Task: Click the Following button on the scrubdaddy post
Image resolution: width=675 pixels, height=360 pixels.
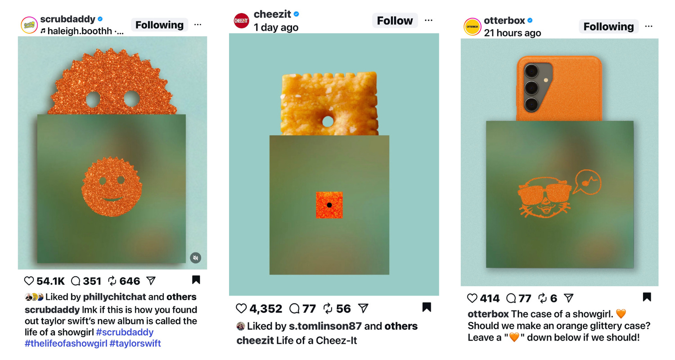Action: click(x=159, y=25)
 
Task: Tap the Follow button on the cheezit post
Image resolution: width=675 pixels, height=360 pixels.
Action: click(x=395, y=21)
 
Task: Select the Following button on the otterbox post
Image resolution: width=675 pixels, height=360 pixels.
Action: click(x=608, y=27)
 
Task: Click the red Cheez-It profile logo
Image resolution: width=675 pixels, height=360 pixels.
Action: click(x=241, y=21)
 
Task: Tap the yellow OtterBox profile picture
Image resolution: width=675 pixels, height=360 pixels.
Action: click(x=472, y=27)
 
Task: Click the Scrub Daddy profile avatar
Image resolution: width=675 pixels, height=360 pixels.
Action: click(x=29, y=25)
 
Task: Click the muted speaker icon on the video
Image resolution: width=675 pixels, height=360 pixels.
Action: click(x=196, y=257)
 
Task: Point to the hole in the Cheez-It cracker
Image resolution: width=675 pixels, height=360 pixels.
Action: click(x=328, y=121)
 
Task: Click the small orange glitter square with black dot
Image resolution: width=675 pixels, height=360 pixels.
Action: click(x=329, y=205)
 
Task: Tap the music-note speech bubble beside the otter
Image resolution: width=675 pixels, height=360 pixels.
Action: click(x=588, y=182)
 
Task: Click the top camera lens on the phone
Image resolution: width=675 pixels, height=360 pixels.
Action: click(x=531, y=72)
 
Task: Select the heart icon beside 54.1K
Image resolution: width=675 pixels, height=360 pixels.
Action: click(x=29, y=281)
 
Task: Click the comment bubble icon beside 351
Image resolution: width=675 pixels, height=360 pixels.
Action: click(x=76, y=281)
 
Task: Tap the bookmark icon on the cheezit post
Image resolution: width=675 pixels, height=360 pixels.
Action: click(x=427, y=307)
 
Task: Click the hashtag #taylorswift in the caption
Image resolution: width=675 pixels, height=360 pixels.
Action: click(x=135, y=343)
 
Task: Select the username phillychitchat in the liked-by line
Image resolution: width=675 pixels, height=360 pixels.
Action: click(x=114, y=297)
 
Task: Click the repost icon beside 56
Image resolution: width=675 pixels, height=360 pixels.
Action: click(x=328, y=309)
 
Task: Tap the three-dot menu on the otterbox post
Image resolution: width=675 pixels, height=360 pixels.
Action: click(x=649, y=27)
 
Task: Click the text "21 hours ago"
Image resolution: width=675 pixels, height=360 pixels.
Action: click(x=512, y=33)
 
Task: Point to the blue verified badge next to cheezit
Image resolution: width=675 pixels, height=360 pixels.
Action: click(x=297, y=14)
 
